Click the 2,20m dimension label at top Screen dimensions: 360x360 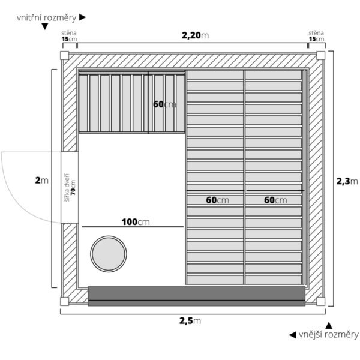(196, 35)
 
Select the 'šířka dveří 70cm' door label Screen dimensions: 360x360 (70, 187)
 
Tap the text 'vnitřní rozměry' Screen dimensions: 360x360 (47, 18)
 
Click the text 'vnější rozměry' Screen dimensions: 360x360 (328, 334)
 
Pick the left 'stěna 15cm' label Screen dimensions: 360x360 (69, 36)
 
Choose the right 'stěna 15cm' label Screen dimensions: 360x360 (316, 36)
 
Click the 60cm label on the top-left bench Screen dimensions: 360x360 (164, 104)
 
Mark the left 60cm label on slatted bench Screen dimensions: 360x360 (217, 199)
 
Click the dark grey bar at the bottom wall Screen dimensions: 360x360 (196, 295)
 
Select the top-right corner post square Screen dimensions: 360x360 (320, 55)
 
